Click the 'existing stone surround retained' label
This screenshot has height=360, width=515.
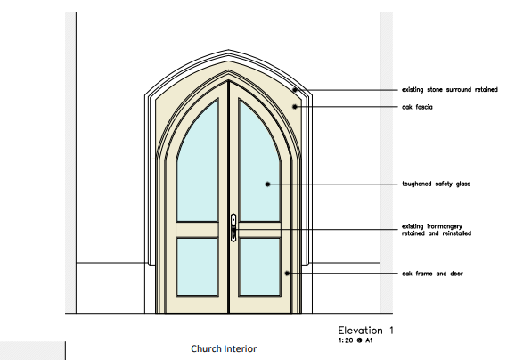coord(450,90)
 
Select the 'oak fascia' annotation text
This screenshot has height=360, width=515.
coord(417,107)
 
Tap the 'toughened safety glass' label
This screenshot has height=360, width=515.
coord(437,184)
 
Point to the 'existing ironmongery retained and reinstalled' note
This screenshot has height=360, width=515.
coord(437,230)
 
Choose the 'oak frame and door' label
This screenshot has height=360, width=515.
coord(432,274)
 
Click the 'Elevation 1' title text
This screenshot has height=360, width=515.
coord(365,331)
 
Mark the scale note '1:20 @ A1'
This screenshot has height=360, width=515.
coord(356,340)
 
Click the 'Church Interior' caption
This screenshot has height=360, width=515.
coord(224,348)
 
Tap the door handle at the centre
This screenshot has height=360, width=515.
coord(233,227)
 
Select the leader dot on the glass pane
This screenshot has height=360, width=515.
coord(267,184)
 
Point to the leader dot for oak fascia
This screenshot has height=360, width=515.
coord(295,107)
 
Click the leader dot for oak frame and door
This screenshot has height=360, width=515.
coord(287,274)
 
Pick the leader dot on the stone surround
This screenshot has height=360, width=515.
coord(295,90)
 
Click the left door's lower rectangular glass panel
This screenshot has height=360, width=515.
coord(197,267)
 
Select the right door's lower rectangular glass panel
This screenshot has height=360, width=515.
coord(260,267)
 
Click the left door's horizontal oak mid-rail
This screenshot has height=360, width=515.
coord(197,230)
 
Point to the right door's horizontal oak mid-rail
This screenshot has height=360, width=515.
coord(260,230)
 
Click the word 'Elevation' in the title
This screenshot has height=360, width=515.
coord(360,331)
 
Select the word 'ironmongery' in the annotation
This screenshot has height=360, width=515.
coord(445,226)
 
